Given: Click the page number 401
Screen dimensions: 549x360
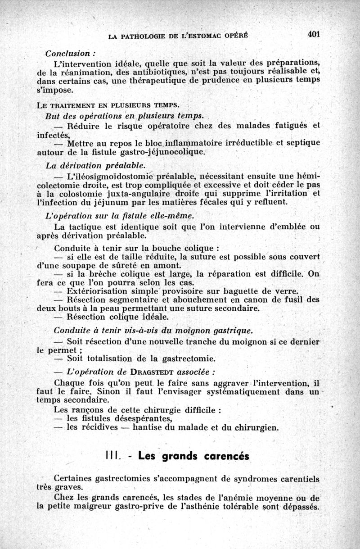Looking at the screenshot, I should (x=313, y=34).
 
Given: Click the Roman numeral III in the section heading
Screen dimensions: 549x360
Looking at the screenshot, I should (x=112, y=456).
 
